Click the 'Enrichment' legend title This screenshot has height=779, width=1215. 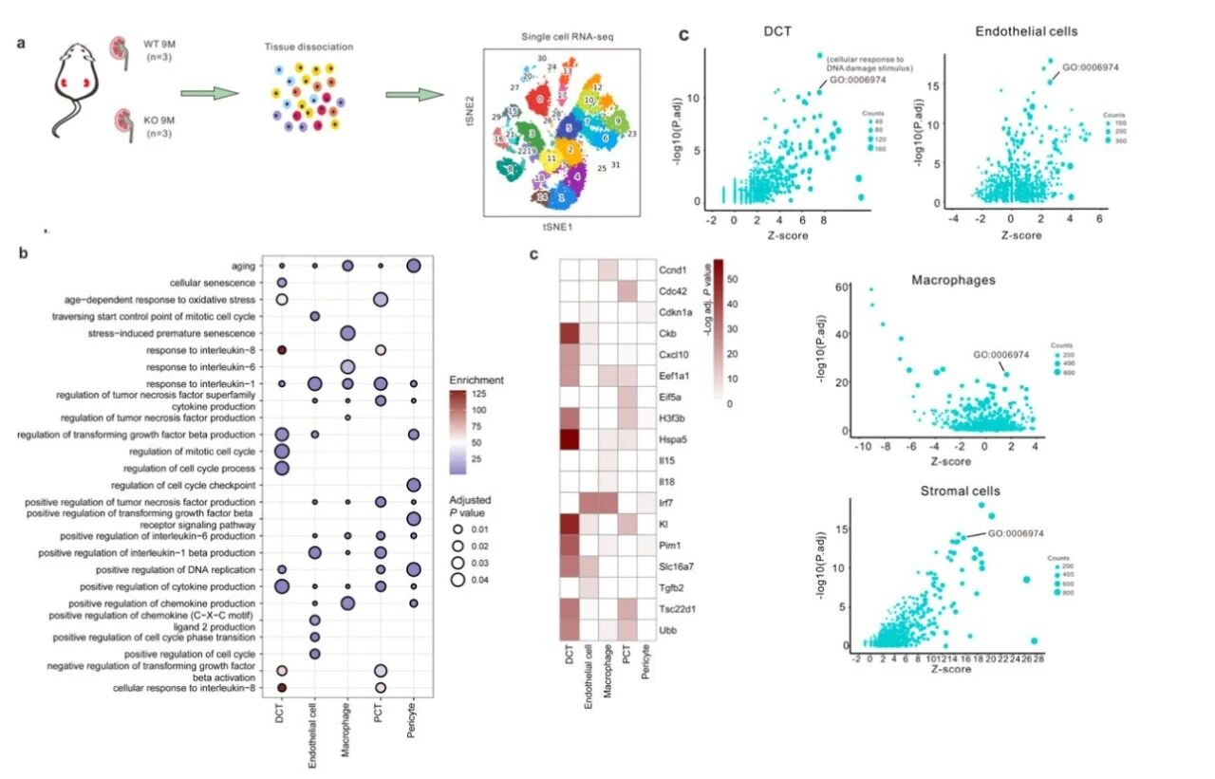point(477,380)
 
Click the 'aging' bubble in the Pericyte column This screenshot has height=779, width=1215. point(413,266)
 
